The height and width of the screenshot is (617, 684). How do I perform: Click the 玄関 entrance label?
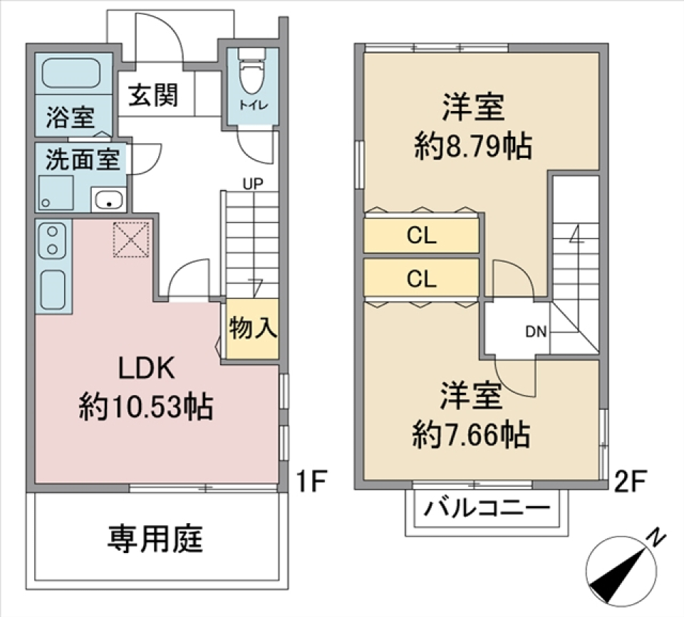pos(153,95)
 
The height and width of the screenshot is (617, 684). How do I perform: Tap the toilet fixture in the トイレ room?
pos(251,75)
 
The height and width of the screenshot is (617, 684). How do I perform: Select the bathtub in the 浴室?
pos(71,74)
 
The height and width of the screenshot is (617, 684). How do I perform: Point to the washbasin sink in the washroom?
pos(108,199)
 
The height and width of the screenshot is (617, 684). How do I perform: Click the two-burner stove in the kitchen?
pos(52,240)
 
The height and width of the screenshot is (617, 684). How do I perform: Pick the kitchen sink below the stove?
pos(53,288)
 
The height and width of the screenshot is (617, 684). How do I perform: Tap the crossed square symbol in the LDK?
pos(130,239)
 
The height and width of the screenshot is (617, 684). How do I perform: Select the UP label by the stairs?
pos(252,184)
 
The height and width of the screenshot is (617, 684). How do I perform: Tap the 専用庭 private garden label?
pos(155,539)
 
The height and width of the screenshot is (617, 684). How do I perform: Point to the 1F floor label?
pos(311,482)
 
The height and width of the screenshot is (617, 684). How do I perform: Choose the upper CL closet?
pos(421,236)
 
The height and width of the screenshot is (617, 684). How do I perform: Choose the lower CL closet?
pos(421,278)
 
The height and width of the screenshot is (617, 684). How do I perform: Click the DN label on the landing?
pos(536,331)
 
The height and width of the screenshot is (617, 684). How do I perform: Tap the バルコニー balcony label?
pos(488,510)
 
